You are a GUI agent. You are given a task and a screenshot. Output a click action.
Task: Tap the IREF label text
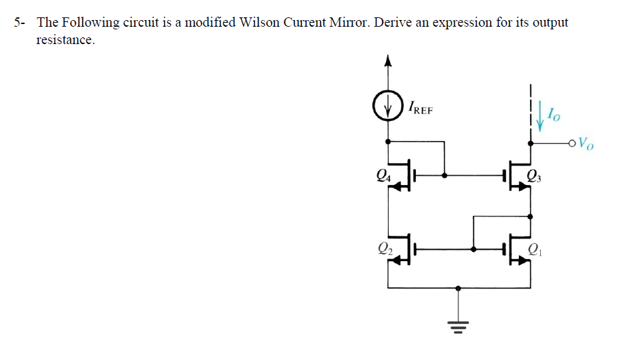pyautogui.click(x=421, y=108)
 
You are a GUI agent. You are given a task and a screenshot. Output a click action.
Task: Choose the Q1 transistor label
pyautogui.click(x=534, y=250)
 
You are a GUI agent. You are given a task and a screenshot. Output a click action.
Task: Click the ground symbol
pyautogui.click(x=457, y=327)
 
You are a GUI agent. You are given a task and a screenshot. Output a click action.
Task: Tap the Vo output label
pyautogui.click(x=585, y=142)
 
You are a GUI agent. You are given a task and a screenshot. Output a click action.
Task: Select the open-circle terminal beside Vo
pyautogui.click(x=572, y=142)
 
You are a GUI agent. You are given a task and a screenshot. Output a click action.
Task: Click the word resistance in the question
pyautogui.click(x=65, y=39)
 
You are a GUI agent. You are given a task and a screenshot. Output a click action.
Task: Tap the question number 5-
pyautogui.click(x=21, y=22)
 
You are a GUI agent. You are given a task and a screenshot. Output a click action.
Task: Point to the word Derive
pyautogui.click(x=393, y=22)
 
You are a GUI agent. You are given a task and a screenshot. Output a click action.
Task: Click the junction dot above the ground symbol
pyautogui.click(x=457, y=289)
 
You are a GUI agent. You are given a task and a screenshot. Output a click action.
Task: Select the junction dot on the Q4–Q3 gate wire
pyautogui.click(x=444, y=176)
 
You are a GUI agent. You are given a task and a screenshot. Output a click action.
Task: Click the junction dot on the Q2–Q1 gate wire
pyautogui.click(x=473, y=249)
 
